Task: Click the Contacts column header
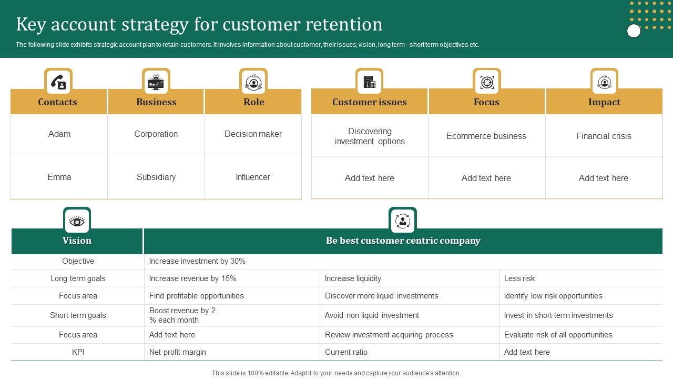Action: pyautogui.click(x=58, y=102)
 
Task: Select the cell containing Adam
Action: pyautogui.click(x=59, y=134)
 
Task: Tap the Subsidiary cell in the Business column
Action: pyautogui.click(x=156, y=177)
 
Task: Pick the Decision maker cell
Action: pyautogui.click(x=253, y=134)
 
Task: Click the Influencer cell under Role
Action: pyautogui.click(x=253, y=177)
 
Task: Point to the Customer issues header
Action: pyautogui.click(x=369, y=102)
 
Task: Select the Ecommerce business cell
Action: pyautogui.click(x=486, y=136)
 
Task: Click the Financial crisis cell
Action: pyautogui.click(x=604, y=136)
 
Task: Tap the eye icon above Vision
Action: pyautogui.click(x=77, y=222)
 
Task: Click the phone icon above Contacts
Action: pyautogui.click(x=58, y=82)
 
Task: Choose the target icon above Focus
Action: pyautogui.click(x=487, y=82)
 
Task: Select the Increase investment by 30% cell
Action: pyautogui.click(x=197, y=261)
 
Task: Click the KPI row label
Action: pyautogui.click(x=78, y=352)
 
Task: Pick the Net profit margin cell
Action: pyautogui.click(x=178, y=352)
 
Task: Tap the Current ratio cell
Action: pyautogui.click(x=346, y=352)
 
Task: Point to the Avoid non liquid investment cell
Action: pyautogui.click(x=372, y=315)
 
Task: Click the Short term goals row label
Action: pyautogui.click(x=78, y=315)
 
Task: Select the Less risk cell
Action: pyautogui.click(x=519, y=278)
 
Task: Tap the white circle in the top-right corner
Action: pyautogui.click(x=634, y=31)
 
